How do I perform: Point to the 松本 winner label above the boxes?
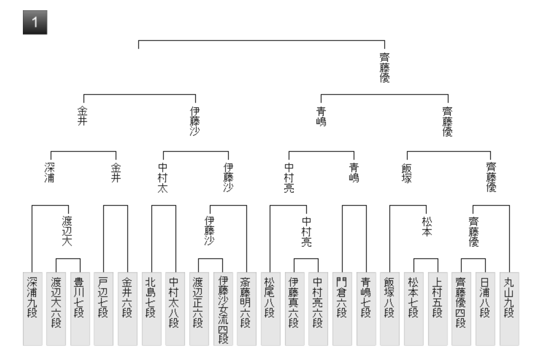[426, 226]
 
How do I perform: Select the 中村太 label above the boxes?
[163, 178]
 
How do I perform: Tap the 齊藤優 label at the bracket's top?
[385, 68]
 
